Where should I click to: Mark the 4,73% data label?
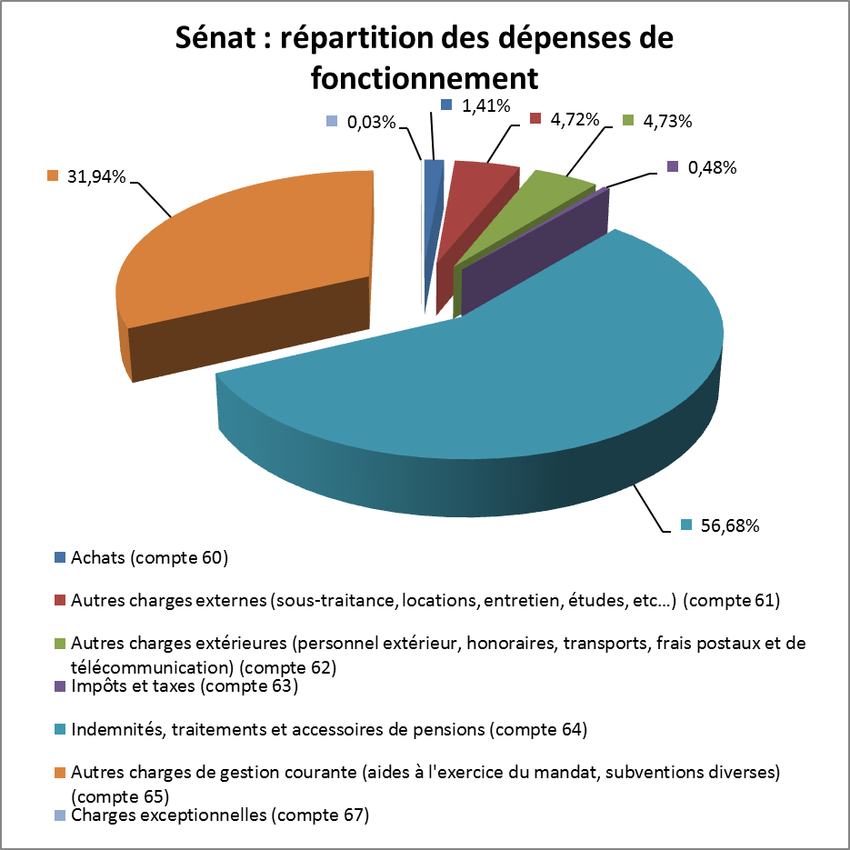tap(668, 121)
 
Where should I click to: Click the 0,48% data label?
tap(712, 167)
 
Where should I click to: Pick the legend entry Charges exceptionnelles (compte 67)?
tap(219, 815)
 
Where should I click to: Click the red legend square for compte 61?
tap(60, 601)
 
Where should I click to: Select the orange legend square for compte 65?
tap(60, 773)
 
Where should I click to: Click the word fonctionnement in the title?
tap(424, 76)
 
